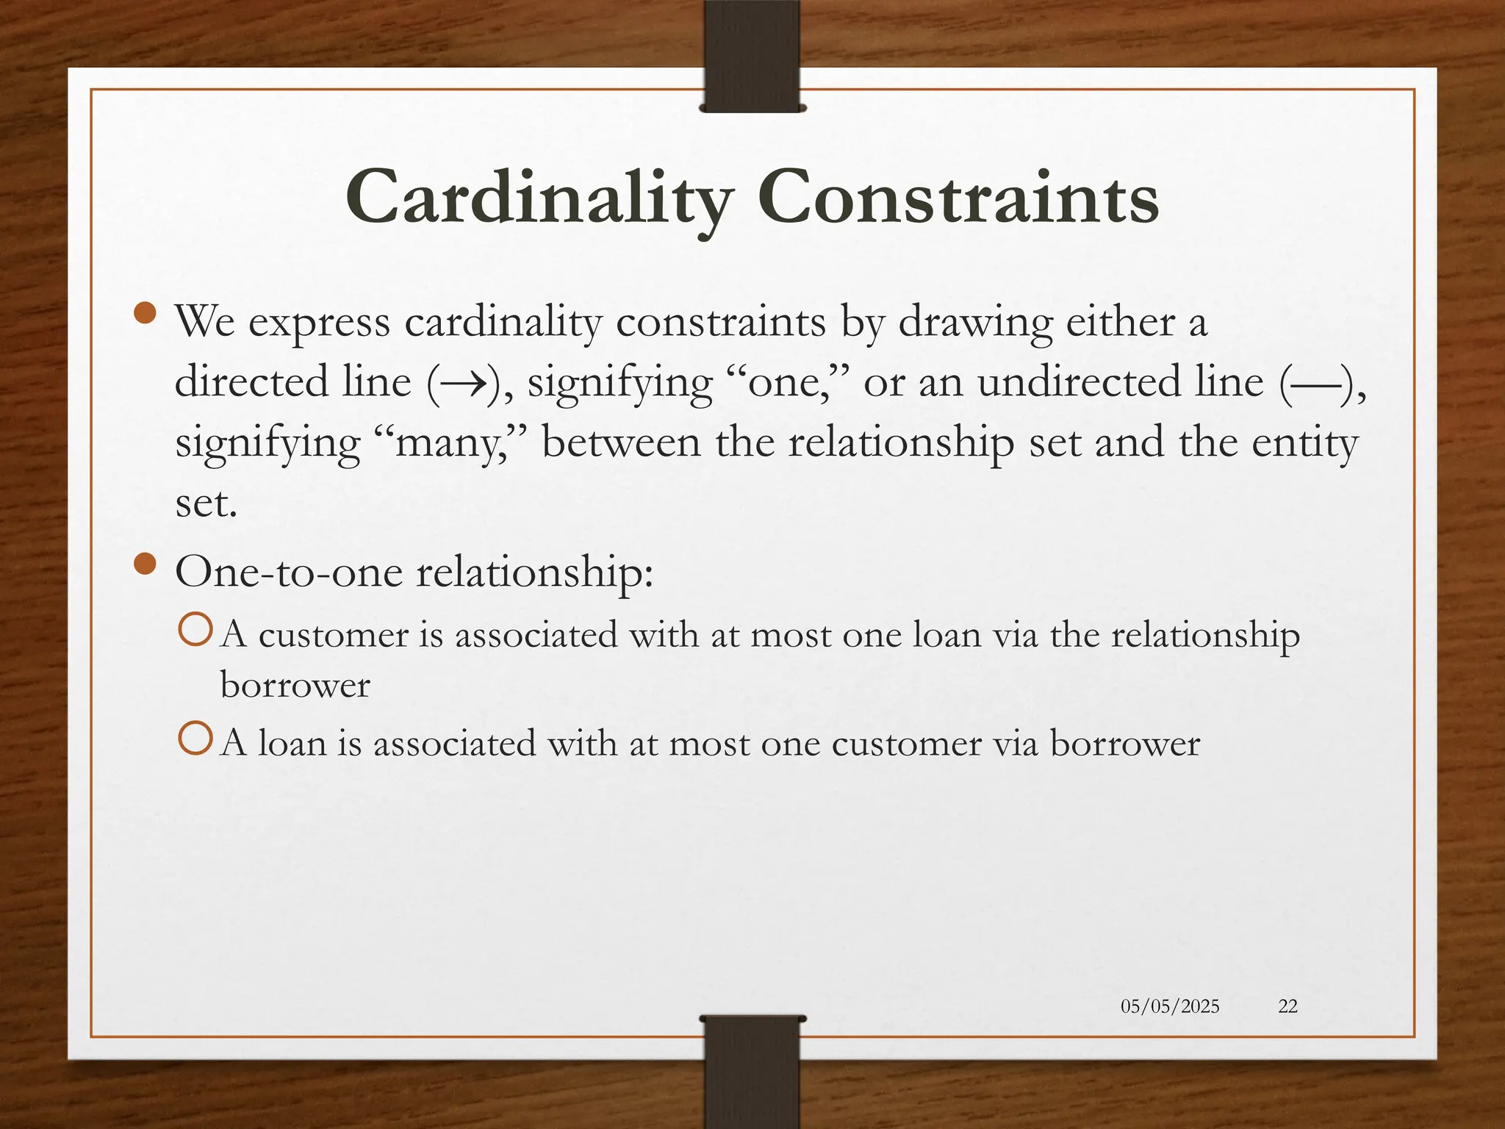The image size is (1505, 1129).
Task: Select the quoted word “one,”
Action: (791, 382)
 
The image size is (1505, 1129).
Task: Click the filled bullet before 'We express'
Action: (146, 314)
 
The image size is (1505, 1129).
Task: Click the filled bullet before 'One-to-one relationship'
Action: (146, 564)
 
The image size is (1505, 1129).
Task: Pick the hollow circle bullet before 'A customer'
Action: (195, 631)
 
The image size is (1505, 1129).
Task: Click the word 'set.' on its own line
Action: (206, 503)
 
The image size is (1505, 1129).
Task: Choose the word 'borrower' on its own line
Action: (295, 686)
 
